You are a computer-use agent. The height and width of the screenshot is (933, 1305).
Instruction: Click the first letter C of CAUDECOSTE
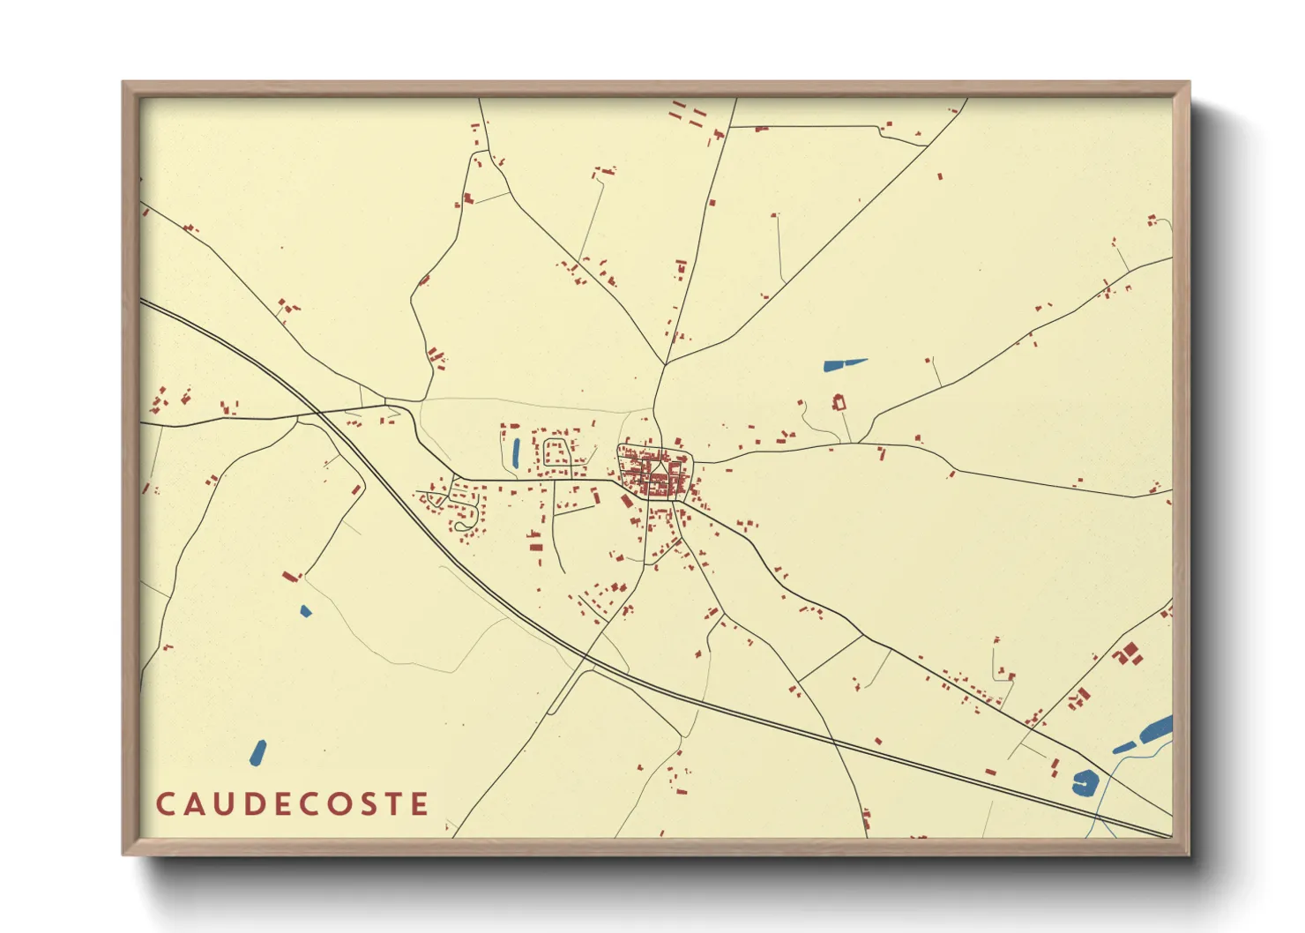165,804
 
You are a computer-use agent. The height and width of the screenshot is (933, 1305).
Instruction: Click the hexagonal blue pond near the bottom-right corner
1085,782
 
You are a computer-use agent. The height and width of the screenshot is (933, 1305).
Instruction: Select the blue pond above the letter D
257,752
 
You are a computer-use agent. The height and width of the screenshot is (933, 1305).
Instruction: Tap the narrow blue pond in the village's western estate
516,452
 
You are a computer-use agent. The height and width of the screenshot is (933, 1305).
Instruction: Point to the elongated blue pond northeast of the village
844,363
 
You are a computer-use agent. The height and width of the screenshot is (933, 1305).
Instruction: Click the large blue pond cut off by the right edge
1157,729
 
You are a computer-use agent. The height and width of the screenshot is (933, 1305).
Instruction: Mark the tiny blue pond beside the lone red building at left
305,610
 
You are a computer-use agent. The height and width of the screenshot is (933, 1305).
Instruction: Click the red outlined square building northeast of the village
839,403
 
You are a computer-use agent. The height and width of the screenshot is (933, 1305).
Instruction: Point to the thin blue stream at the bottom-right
1107,794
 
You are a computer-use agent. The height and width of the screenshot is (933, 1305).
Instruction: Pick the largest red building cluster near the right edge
1128,654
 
